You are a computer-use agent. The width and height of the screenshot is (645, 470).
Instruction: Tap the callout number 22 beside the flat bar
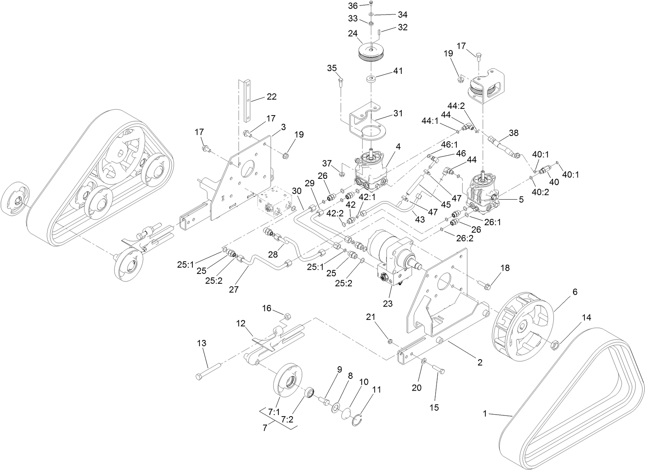pos(271,96)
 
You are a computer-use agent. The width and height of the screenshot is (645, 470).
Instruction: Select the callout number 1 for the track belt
pos(486,413)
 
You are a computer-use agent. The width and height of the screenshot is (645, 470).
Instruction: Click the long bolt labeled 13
pos(208,371)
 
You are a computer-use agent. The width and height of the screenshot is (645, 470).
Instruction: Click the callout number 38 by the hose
pos(514,133)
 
